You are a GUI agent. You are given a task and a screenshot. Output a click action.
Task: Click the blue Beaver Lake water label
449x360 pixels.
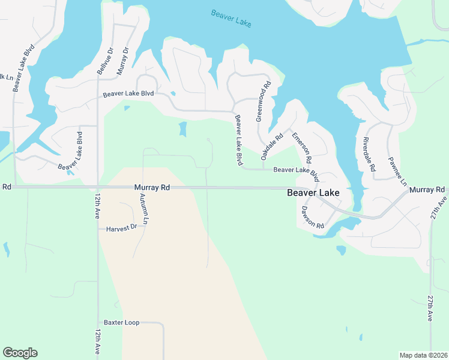[231, 18]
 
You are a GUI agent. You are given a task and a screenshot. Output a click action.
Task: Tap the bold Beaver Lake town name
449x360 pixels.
[313, 193]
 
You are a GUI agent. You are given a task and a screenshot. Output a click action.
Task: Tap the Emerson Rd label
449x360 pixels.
[302, 148]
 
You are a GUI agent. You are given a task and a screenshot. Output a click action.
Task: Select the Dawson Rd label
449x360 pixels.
[313, 216]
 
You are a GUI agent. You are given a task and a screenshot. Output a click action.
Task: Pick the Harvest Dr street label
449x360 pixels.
[122, 228]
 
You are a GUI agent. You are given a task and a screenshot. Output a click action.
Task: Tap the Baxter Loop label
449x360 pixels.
[121, 323]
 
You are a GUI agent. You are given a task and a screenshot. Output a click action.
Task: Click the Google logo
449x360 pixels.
[20, 353]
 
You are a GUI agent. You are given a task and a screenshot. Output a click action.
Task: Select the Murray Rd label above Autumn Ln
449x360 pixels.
[152, 188]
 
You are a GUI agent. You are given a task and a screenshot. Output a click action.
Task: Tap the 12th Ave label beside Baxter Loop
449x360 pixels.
[97, 342]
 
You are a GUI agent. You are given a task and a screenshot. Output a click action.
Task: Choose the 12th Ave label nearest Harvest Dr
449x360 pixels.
[97, 205]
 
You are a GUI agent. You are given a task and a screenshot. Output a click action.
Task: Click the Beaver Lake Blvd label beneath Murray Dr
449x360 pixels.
[128, 94]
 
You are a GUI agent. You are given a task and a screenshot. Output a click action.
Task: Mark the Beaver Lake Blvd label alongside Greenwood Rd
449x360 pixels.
[238, 140]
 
